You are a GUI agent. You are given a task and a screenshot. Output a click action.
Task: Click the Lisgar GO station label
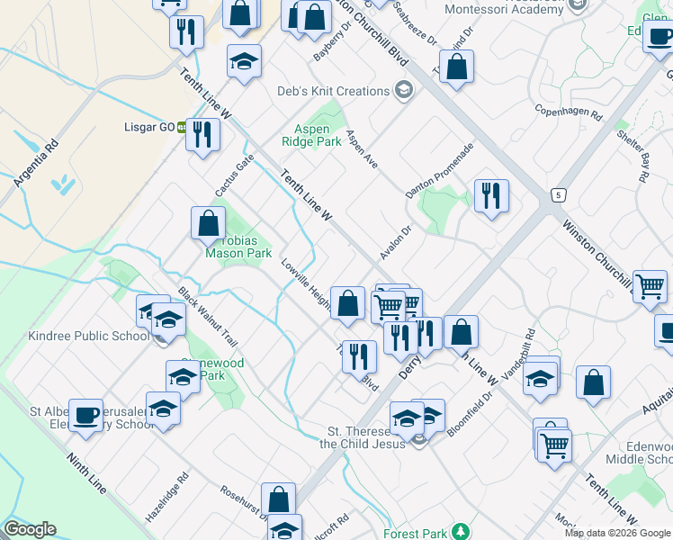148,127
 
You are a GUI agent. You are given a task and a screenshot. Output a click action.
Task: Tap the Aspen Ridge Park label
318,135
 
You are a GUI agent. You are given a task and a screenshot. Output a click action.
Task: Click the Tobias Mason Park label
238,247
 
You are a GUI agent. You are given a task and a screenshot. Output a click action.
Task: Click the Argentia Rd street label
36,163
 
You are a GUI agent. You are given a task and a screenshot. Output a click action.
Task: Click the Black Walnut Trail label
208,318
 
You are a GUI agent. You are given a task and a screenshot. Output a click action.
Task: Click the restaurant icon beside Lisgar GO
202,135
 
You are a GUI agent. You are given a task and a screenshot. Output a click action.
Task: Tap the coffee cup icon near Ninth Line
85,415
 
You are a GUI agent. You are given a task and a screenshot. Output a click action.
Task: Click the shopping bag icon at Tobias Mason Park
208,222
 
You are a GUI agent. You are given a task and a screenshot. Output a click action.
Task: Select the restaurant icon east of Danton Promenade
491,195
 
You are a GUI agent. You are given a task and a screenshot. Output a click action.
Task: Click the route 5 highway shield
559,193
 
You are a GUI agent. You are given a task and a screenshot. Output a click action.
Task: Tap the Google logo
30,529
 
